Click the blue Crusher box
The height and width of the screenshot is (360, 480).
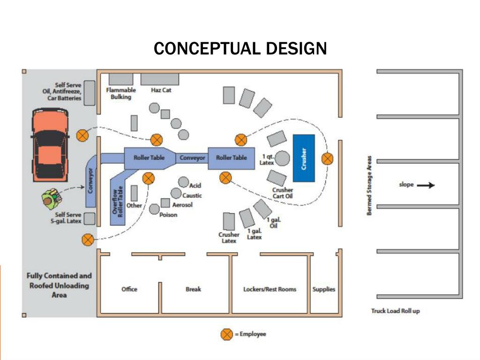click(303, 158)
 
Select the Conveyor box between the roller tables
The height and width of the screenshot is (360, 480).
click(192, 158)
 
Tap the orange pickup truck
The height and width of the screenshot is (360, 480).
click(50, 143)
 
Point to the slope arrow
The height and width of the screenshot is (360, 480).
click(426, 185)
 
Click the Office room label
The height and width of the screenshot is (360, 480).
click(129, 289)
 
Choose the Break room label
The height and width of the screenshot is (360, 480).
click(193, 289)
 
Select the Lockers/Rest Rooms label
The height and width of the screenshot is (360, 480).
click(270, 289)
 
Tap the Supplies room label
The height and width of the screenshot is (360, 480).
click(324, 289)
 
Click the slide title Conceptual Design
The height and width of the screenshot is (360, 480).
click(240, 48)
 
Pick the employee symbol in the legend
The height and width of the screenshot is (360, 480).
click(226, 334)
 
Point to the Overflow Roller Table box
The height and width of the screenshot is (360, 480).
click(118, 197)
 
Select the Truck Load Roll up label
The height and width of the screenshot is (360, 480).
click(395, 311)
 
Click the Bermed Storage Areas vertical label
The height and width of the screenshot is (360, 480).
click(369, 186)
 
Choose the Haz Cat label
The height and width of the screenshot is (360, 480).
click(161, 90)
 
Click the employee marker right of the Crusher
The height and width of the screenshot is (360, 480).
click(327, 158)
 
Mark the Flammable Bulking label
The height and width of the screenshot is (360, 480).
click(121, 93)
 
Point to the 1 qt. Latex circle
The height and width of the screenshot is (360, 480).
click(282, 159)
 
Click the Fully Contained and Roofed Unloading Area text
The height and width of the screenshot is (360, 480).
click(59, 285)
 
